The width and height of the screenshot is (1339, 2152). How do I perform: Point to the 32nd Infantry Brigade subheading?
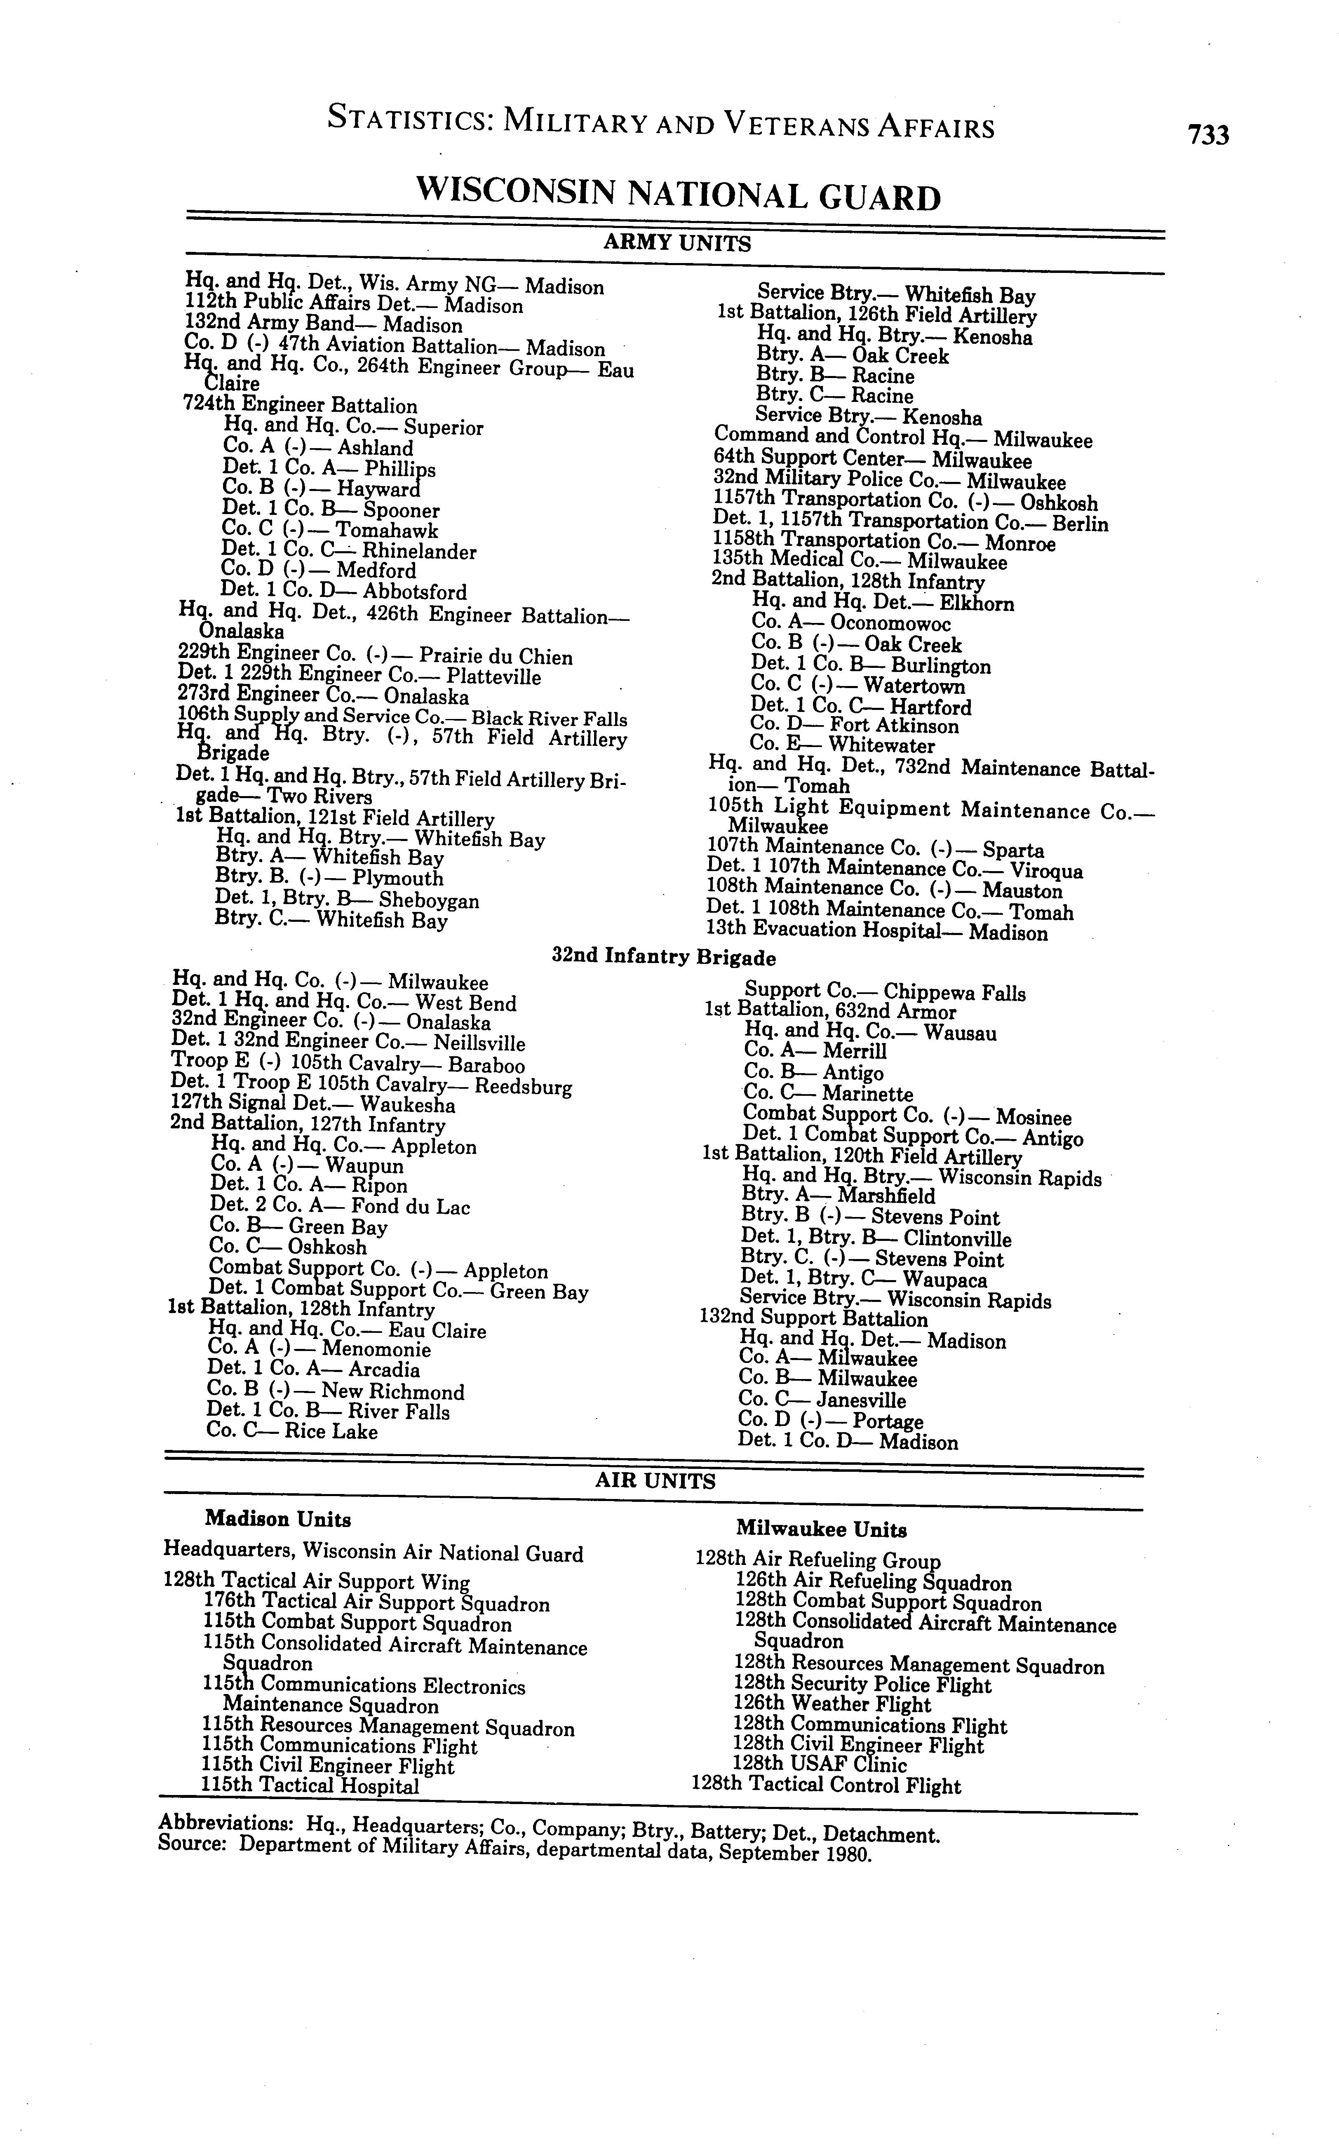pyautogui.click(x=664, y=957)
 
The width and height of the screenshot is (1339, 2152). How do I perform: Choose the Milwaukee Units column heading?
pyautogui.click(x=821, y=1529)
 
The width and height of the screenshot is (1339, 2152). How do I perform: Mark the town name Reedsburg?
pyautogui.click(x=524, y=1087)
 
